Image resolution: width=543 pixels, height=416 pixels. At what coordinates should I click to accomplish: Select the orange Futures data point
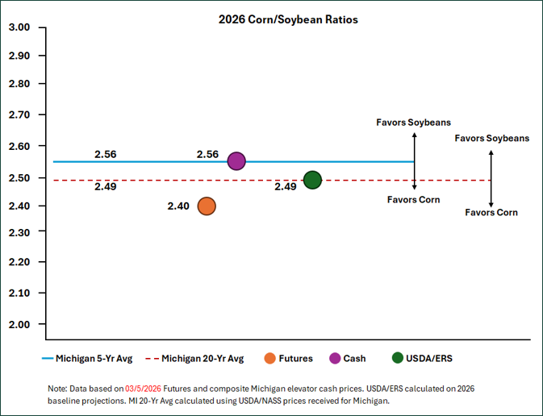tap(207, 206)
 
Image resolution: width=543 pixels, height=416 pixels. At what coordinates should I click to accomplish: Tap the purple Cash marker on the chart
tap(236, 161)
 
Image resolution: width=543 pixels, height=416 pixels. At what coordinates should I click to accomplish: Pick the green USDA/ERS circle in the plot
tap(312, 180)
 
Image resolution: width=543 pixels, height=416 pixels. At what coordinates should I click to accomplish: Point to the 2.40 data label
tap(178, 206)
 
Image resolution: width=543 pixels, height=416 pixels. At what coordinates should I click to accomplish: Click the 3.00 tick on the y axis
tap(19, 27)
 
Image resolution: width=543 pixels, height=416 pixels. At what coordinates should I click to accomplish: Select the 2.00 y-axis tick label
tap(19, 324)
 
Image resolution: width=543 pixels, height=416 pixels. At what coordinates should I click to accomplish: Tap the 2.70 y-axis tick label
tap(19, 115)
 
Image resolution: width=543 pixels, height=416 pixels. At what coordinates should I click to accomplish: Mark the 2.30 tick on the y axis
tap(19, 231)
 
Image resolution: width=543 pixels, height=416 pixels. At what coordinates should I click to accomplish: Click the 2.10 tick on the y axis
tap(19, 293)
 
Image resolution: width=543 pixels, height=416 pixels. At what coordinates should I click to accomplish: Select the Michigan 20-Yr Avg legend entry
tap(198, 357)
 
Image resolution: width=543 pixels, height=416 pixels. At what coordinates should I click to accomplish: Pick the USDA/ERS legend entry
tap(423, 357)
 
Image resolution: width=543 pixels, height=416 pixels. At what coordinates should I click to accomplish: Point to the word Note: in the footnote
tap(59, 388)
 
